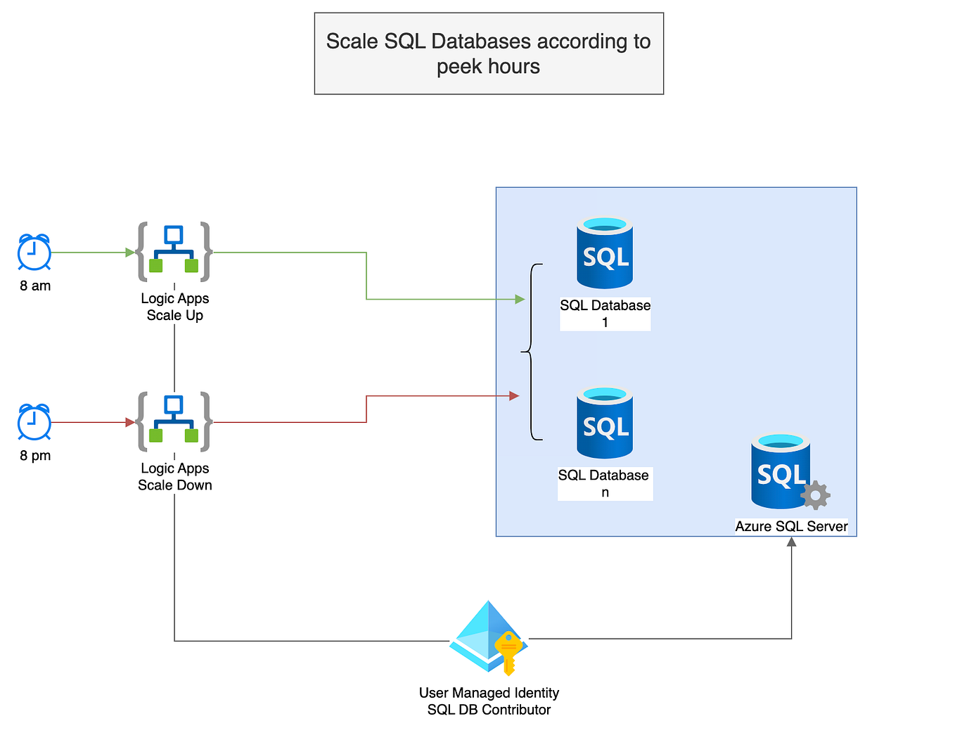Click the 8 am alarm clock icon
click(x=34, y=253)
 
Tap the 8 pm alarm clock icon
click(x=34, y=422)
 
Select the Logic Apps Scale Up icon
click(x=174, y=252)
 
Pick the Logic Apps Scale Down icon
click(x=174, y=422)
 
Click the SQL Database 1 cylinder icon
click(x=605, y=253)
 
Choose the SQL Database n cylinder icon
click(x=605, y=423)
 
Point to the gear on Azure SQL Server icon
click(x=816, y=495)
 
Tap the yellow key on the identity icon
click(x=508, y=651)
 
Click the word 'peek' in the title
click(x=459, y=67)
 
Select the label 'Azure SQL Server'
click(x=791, y=526)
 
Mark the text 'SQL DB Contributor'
click(x=489, y=710)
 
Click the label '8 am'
click(x=35, y=286)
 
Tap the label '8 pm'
click(x=35, y=455)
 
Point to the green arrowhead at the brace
click(x=520, y=300)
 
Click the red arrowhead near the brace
click(x=514, y=396)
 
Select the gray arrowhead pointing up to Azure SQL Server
click(x=791, y=542)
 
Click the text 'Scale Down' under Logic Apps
click(x=174, y=485)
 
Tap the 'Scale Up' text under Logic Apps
click(x=174, y=315)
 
